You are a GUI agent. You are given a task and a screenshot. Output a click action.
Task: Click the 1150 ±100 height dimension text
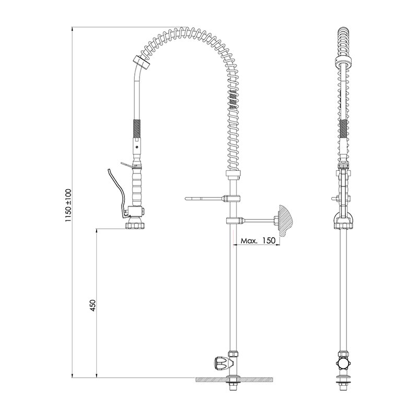[x=68, y=205]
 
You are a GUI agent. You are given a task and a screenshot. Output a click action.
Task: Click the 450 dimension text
[x=92, y=306]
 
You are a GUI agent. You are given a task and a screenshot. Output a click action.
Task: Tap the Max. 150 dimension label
[x=258, y=240]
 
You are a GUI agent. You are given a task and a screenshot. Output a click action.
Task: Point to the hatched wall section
[x=285, y=220]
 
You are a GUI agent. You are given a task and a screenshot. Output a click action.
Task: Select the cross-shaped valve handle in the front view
[x=343, y=363]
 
